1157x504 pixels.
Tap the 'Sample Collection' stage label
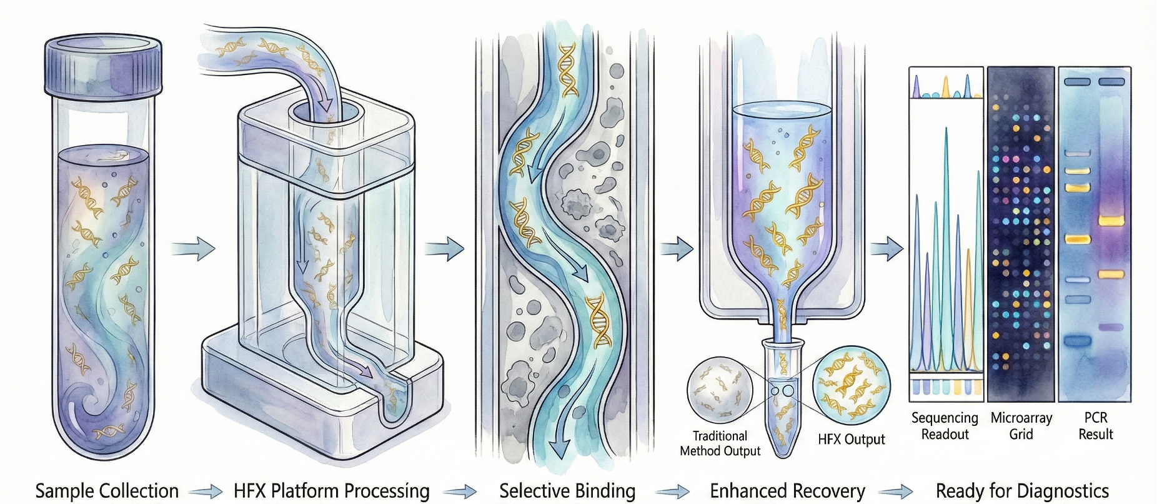pyautogui.click(x=107, y=491)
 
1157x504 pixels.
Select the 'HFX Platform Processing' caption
pyautogui.click(x=331, y=491)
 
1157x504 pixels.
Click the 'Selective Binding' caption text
pyautogui.click(x=567, y=491)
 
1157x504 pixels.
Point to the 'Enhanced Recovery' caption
pyautogui.click(x=787, y=491)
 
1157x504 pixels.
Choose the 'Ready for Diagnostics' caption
pyautogui.click(x=1022, y=491)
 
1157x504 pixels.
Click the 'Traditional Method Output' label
pyautogui.click(x=720, y=443)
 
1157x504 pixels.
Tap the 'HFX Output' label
pyautogui.click(x=851, y=440)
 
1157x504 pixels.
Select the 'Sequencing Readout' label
pyautogui.click(x=945, y=426)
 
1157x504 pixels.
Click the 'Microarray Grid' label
pyautogui.click(x=1021, y=426)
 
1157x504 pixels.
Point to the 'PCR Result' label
pyautogui.click(x=1096, y=426)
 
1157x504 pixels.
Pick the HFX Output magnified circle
pyautogui.click(x=850, y=383)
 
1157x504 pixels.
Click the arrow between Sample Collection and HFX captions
pyautogui.click(x=206, y=491)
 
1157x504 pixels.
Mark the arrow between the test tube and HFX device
pyautogui.click(x=193, y=248)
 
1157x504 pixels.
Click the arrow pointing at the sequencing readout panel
pyautogui.click(x=886, y=249)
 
